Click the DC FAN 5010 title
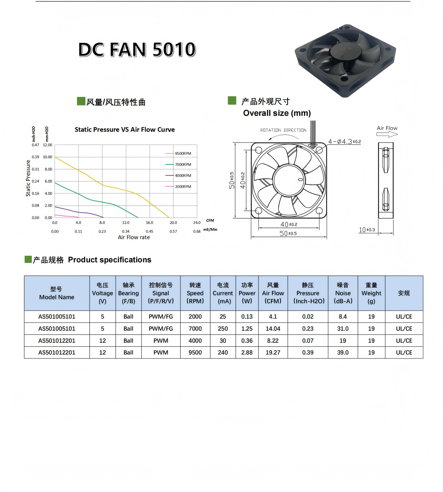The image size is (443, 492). coord(137,50)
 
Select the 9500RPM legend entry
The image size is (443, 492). coord(178,154)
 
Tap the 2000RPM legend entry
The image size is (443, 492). coord(178,187)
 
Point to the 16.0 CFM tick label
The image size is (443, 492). coord(149,223)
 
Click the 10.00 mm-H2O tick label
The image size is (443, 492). coord(48,157)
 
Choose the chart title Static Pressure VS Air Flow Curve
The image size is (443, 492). coord(125,130)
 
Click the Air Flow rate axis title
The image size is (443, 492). coord(134,237)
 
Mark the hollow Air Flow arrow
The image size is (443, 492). coord(387,135)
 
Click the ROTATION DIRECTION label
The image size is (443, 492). coord(283,130)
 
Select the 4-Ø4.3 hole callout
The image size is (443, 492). coord(345,142)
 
